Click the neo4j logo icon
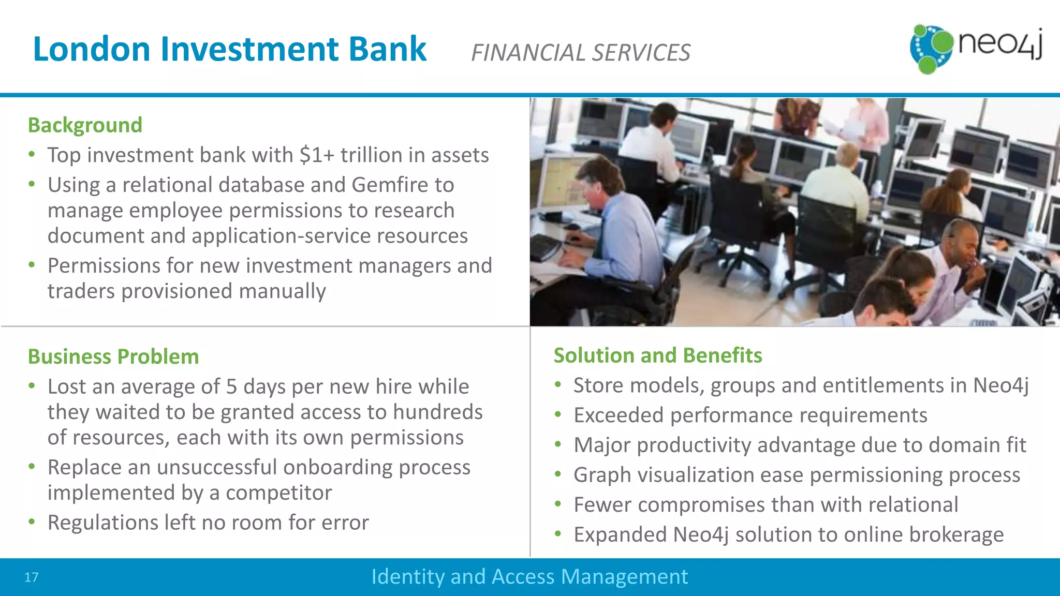(931, 49)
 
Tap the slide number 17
(31, 577)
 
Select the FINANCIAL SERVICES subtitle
(580, 53)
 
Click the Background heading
(85, 125)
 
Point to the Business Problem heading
(113, 357)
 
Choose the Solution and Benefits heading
(657, 355)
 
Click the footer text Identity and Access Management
(529, 577)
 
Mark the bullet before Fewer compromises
(557, 504)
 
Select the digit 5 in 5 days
(231, 387)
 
